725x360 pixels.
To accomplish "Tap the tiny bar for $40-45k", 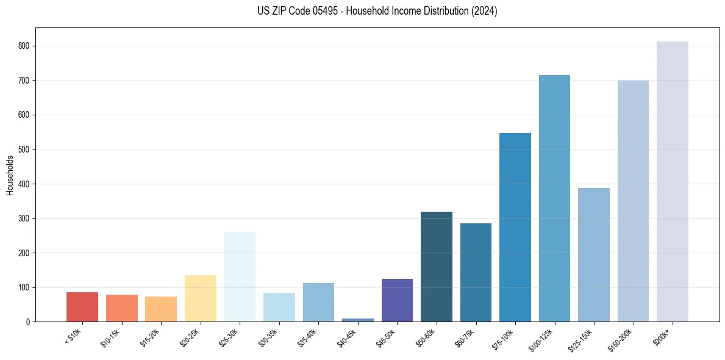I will tap(357, 320).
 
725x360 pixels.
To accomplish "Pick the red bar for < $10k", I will tap(82, 307).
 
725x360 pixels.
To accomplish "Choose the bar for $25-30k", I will tap(240, 276).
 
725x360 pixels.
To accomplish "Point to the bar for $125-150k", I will tap(593, 254).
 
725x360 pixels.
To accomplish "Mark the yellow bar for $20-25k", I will tap(200, 298).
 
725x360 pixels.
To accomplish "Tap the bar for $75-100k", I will tap(515, 227).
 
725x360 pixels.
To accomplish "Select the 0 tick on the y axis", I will tap(28, 322).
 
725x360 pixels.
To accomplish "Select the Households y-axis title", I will tap(10, 175).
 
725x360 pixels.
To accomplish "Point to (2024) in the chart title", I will tap(484, 12).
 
